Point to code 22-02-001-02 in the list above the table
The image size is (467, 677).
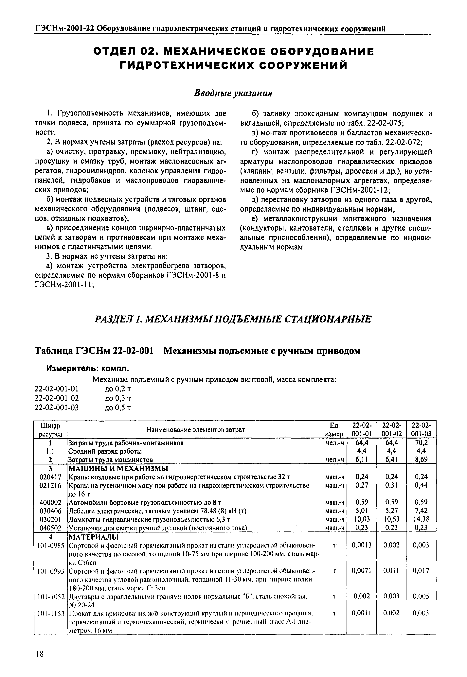(x=57, y=398)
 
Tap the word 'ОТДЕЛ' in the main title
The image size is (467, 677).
(x=116, y=52)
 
